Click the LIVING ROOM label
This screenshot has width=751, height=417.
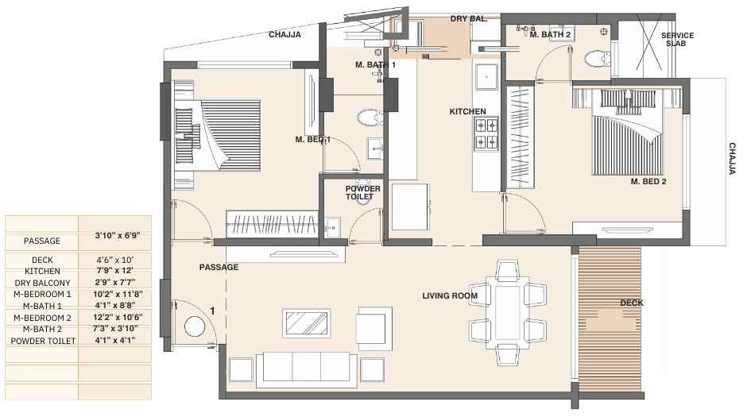tap(450, 296)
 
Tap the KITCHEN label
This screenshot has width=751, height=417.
tap(467, 112)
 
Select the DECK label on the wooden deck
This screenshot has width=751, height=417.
tap(632, 303)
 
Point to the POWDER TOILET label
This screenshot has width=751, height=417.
tap(362, 193)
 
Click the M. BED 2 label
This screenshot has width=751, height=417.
tap(648, 181)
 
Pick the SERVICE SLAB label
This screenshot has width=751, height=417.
tap(677, 40)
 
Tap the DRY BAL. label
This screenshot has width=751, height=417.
tap(469, 18)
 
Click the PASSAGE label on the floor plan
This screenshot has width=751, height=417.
tap(219, 268)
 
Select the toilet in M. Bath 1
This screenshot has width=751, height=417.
tap(367, 118)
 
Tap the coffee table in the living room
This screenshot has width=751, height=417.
tap(308, 324)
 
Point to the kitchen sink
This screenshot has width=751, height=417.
tap(485, 77)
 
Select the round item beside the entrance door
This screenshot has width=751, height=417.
tap(194, 326)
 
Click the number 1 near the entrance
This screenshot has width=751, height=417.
tap(212, 311)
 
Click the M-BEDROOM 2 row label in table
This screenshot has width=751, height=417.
tap(42, 318)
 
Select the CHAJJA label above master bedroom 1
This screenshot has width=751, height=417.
tap(284, 35)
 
